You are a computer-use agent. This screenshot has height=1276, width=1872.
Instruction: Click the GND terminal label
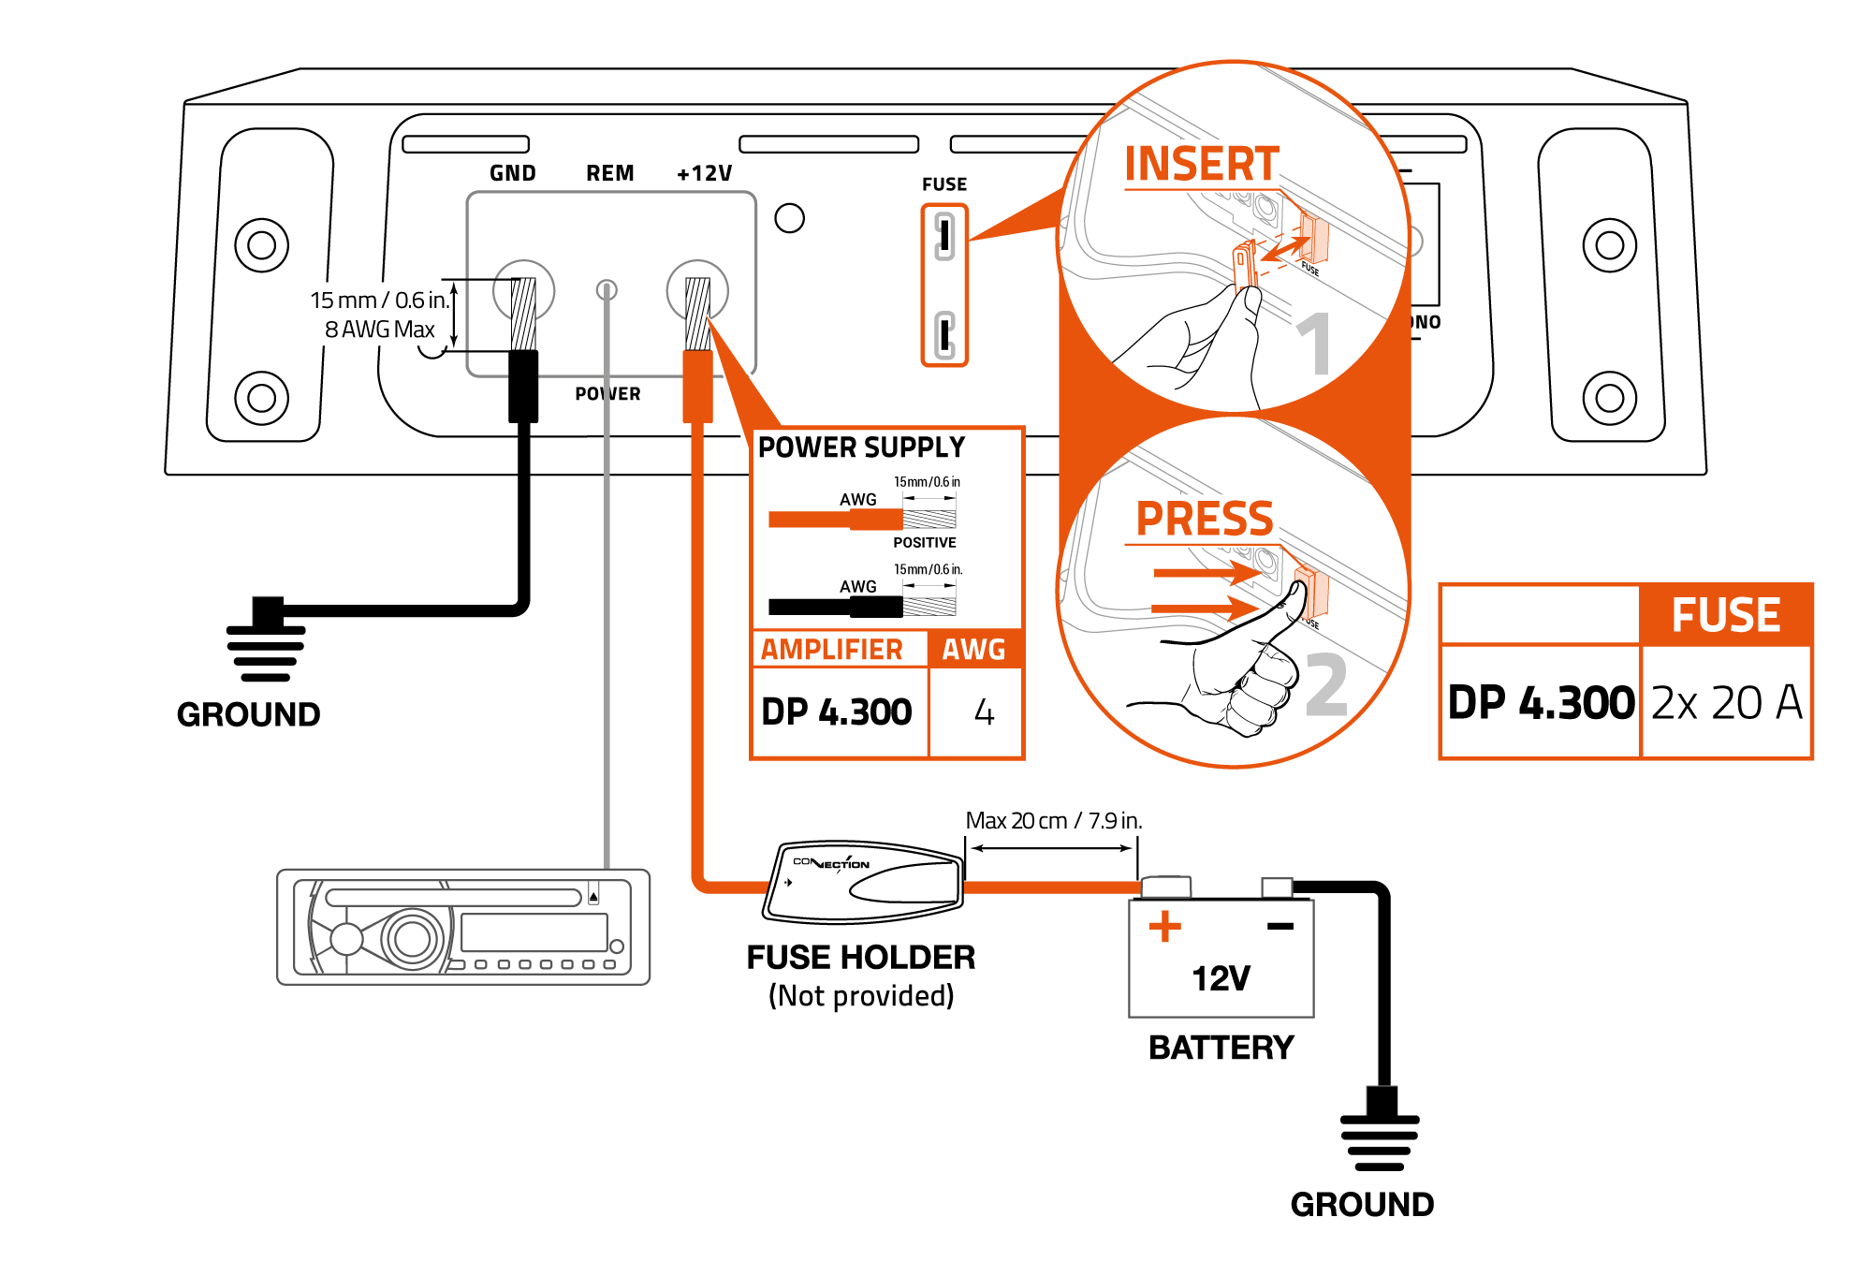[513, 173]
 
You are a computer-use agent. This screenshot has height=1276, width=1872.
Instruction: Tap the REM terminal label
[610, 173]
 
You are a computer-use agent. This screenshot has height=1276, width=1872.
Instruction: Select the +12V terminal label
[705, 173]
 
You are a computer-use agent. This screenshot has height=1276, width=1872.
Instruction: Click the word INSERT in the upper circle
[1202, 165]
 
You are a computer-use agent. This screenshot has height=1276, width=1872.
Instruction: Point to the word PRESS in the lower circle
[1205, 519]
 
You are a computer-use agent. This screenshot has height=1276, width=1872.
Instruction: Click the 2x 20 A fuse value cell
[1727, 702]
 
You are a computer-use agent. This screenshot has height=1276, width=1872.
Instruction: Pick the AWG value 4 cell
[984, 712]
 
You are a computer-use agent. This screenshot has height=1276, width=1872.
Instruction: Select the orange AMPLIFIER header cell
[832, 649]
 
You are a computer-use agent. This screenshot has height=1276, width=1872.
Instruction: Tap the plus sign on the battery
[1165, 926]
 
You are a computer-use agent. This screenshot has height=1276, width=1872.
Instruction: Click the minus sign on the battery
[1280, 926]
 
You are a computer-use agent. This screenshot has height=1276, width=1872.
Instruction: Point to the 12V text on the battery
[1221, 978]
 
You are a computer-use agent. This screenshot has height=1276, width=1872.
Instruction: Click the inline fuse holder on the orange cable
[863, 882]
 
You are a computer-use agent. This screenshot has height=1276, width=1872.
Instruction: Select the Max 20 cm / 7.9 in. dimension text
[1053, 821]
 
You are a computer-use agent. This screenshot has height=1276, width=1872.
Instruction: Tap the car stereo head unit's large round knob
[412, 938]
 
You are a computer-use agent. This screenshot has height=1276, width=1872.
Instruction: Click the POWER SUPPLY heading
[861, 447]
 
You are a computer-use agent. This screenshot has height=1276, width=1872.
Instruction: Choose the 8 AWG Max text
[379, 330]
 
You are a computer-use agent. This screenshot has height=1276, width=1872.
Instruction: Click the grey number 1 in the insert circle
[1315, 344]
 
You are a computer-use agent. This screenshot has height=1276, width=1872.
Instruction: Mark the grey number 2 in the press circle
[1326, 685]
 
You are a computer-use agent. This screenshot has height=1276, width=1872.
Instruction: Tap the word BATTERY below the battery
[1221, 1048]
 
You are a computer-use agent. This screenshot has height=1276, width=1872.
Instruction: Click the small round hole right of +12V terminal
[790, 218]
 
